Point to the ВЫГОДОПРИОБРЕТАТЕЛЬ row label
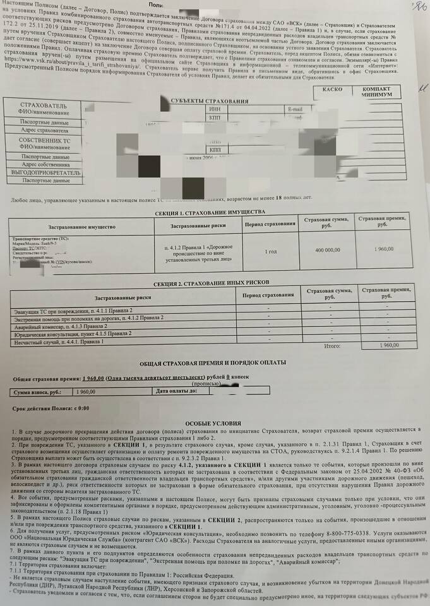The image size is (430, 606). (x=42, y=172)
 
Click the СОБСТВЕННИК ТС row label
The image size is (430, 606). (x=42, y=142)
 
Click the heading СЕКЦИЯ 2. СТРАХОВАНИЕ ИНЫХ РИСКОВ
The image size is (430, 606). (x=211, y=282)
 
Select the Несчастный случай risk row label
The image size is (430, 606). (x=57, y=342)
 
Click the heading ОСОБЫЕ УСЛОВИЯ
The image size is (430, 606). (x=213, y=422)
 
